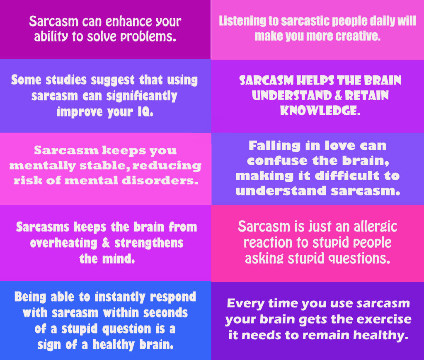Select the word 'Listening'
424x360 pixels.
coord(242,21)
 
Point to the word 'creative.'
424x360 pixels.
coord(358,36)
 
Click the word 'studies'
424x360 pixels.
coord(66,80)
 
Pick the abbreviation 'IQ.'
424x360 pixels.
coord(145,111)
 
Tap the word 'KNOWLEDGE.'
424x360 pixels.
coord(320,111)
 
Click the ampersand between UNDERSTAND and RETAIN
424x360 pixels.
coord(338,95)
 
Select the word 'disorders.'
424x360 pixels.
coord(160,181)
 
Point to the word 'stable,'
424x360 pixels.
coord(103,165)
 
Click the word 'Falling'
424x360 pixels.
coord(274,146)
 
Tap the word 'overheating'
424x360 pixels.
coord(63,243)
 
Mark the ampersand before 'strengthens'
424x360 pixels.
coord(106,243)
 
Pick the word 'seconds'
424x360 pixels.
coord(165,313)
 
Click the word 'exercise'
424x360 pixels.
coord(384,319)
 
